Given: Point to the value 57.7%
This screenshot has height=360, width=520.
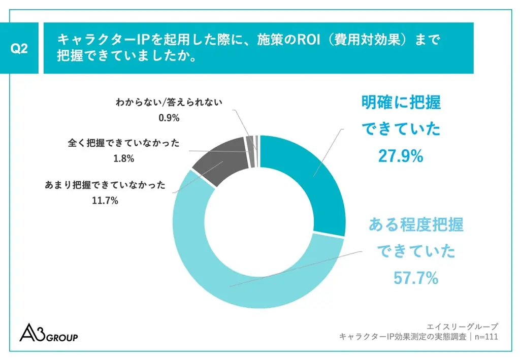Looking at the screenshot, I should tap(416, 278).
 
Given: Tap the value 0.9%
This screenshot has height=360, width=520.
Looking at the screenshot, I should tap(169, 118).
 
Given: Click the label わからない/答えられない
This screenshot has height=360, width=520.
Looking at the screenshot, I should tap(169, 102).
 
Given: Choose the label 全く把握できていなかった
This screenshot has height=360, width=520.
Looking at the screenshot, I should tap(123, 143).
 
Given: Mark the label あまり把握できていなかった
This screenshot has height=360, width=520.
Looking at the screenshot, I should tap(106, 185).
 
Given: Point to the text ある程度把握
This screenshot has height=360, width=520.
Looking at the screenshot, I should tap(416, 224).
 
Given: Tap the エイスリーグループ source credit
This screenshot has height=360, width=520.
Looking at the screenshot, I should tap(463, 326).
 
